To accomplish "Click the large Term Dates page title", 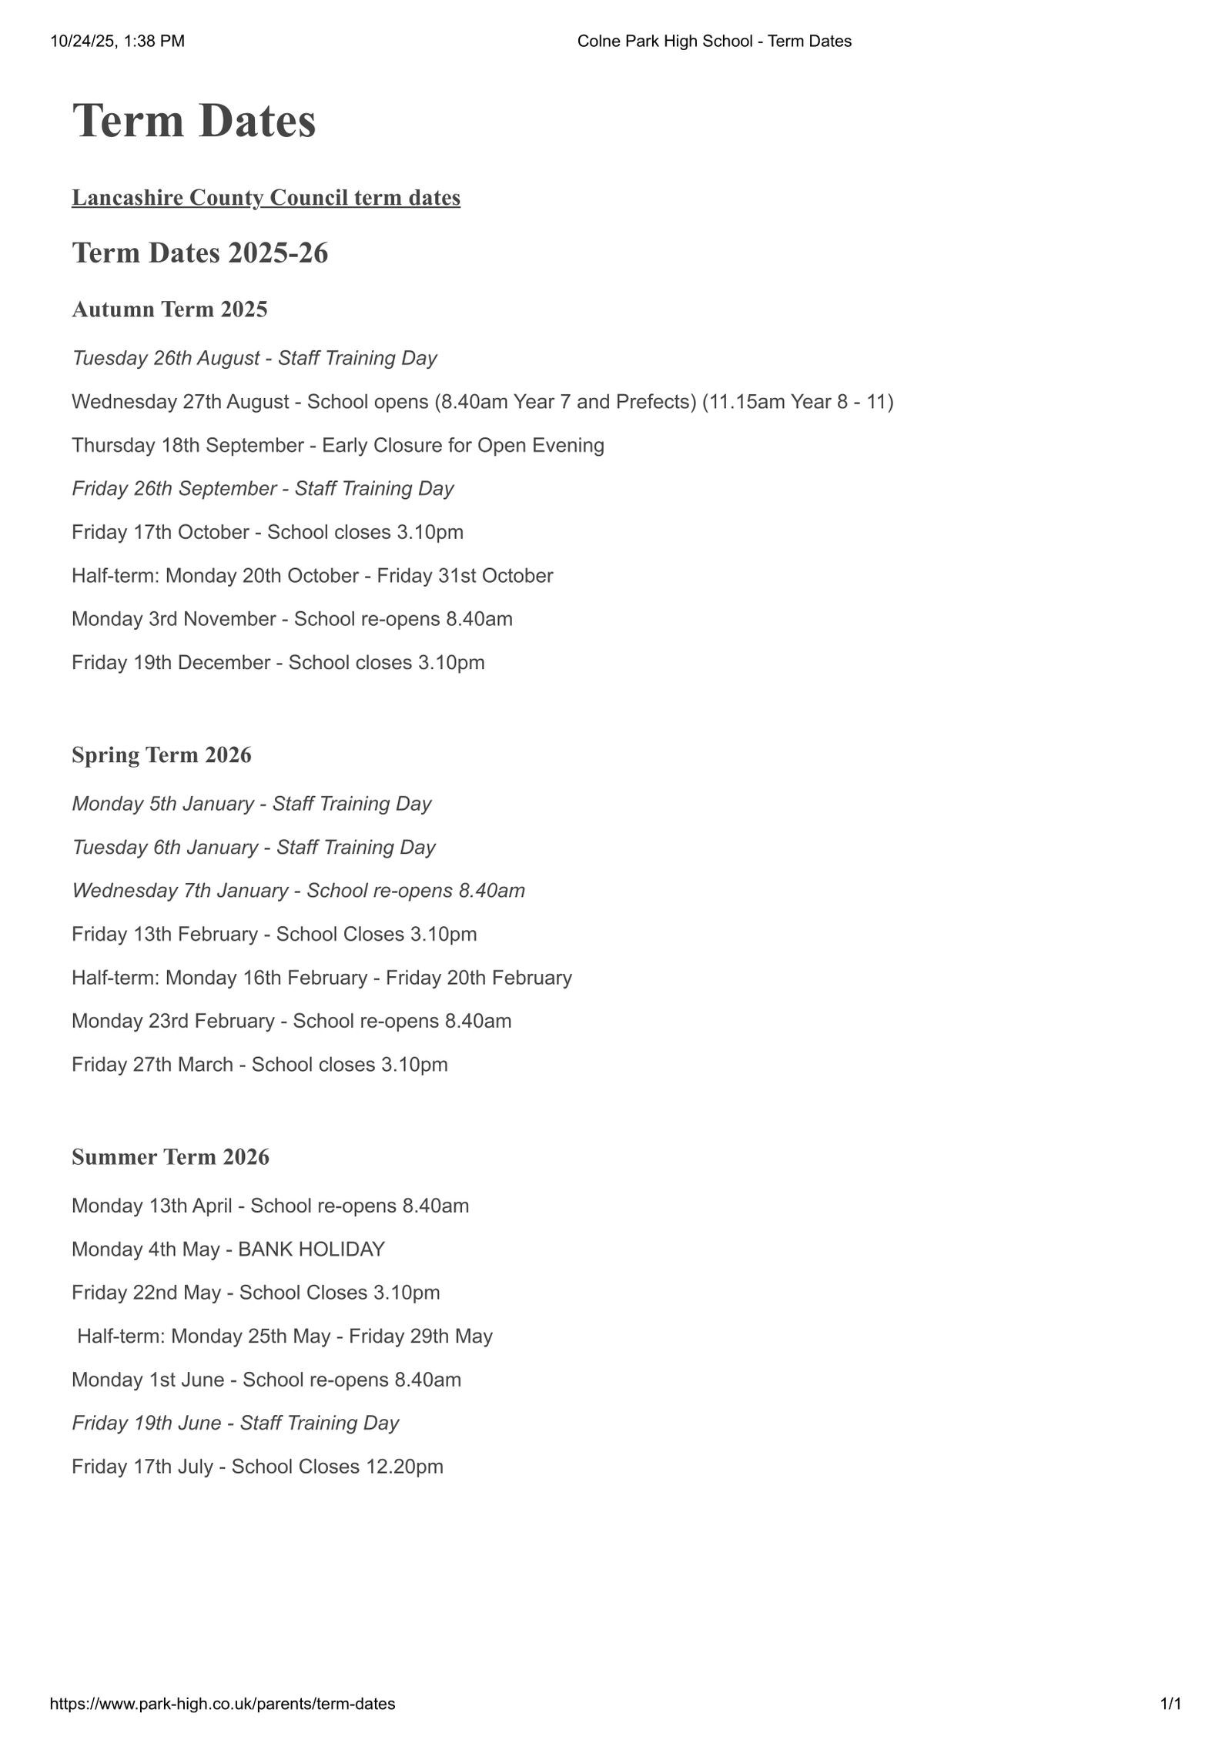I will tap(194, 122).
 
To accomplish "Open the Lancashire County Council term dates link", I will tap(266, 198).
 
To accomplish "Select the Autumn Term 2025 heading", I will tap(169, 309).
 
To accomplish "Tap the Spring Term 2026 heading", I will tap(162, 755).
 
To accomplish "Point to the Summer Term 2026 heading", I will tap(170, 1157).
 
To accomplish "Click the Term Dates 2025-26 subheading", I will tap(200, 253).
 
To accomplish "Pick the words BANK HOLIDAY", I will tap(311, 1249).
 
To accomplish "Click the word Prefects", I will tap(655, 402).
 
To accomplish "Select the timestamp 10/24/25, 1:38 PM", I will tap(118, 42).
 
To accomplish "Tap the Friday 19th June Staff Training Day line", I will tap(236, 1423).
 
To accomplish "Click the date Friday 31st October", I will tap(464, 576).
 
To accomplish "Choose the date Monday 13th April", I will tap(152, 1206).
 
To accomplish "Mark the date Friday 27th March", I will tap(152, 1065).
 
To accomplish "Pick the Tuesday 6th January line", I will tap(253, 848).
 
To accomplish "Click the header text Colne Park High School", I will tap(665, 42).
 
